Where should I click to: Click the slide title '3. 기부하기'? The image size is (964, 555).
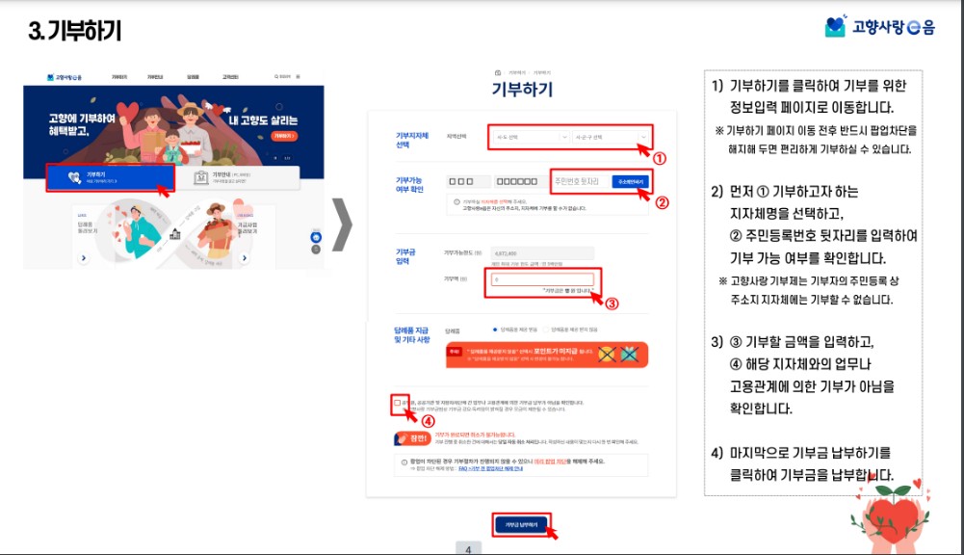(75, 31)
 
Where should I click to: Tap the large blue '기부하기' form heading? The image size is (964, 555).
(522, 90)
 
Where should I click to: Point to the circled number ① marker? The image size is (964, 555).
(660, 157)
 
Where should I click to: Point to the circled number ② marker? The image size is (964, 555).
(662, 202)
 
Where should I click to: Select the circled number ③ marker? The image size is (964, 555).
(611, 302)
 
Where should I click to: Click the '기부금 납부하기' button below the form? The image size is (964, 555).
(522, 525)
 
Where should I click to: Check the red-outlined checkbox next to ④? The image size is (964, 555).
(399, 404)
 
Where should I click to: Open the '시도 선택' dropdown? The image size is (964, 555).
(527, 137)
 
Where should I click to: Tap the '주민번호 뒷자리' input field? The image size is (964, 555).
(578, 181)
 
